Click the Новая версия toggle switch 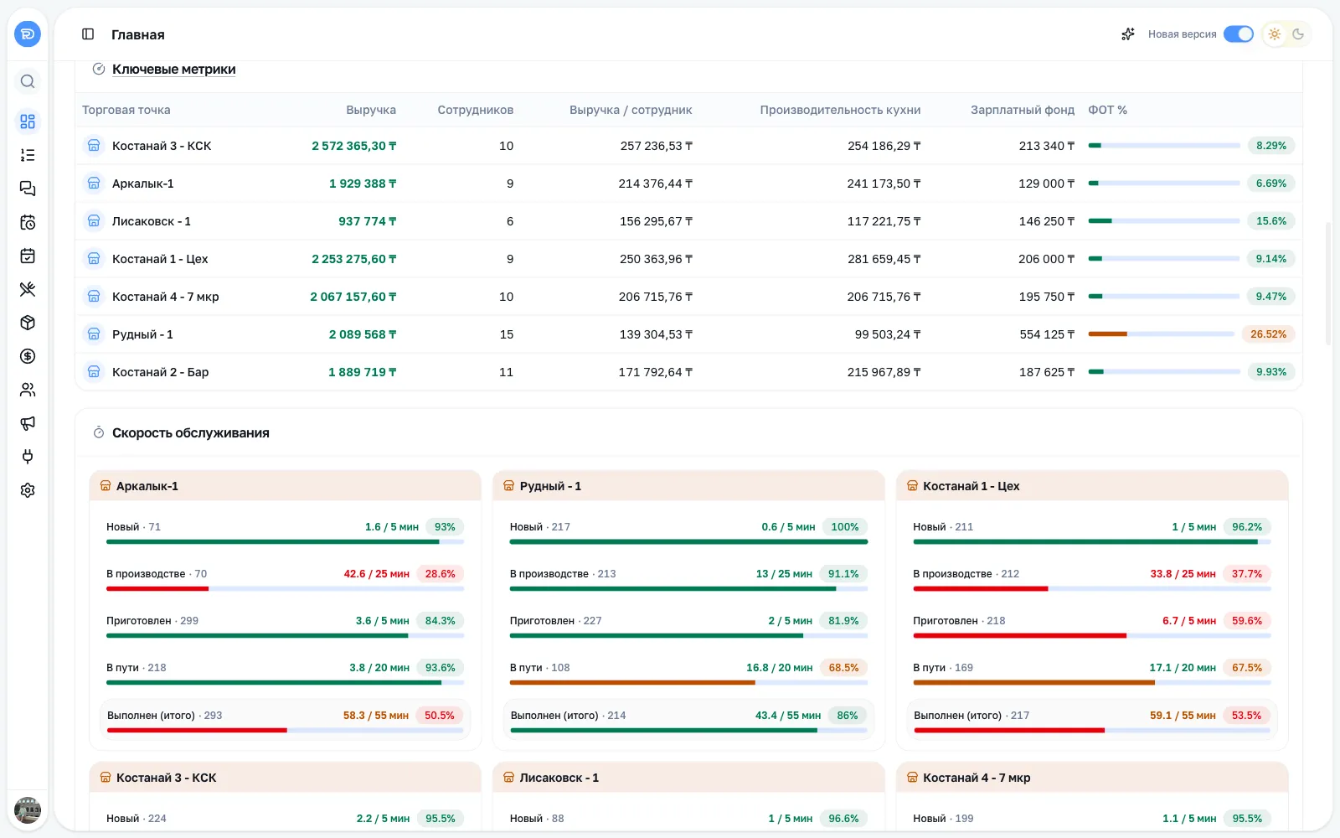(1238, 34)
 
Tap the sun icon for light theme (1274, 34)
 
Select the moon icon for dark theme (1298, 34)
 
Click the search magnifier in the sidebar (28, 81)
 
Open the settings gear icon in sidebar (28, 490)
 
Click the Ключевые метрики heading (174, 69)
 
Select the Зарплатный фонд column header (1023, 110)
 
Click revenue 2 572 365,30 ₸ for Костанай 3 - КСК (354, 146)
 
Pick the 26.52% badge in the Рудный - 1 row (1268, 334)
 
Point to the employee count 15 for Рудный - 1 (506, 334)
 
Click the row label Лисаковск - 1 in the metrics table (152, 221)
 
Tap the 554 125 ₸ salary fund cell (1047, 334)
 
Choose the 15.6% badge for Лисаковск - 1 (1271, 221)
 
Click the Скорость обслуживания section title (191, 432)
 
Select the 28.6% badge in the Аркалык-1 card (441, 573)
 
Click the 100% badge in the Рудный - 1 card (845, 527)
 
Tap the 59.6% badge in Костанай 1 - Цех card (1247, 621)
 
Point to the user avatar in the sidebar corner (28, 810)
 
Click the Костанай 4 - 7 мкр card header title (977, 778)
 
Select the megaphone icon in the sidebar (28, 423)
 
